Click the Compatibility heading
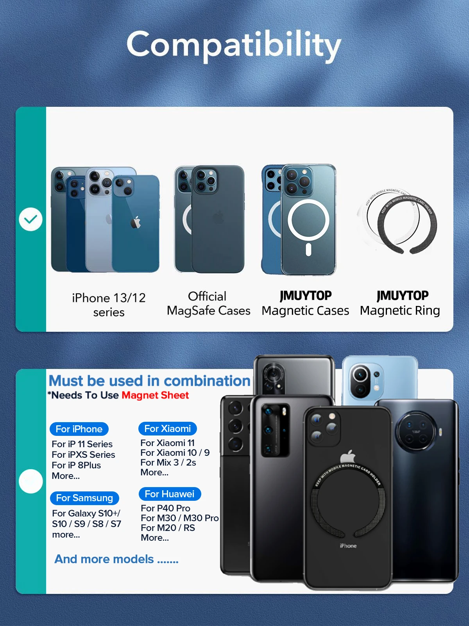234,45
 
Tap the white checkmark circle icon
30,219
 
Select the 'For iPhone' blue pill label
79,429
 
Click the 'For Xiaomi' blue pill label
167,428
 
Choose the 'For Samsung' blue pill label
84,498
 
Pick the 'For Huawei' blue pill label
170,494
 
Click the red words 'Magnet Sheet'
155,395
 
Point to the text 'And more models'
104,559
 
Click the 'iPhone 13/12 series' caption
109,305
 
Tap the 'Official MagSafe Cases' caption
208,303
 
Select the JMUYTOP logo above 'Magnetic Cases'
306,295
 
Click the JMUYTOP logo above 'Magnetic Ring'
403,295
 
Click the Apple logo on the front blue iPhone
136,222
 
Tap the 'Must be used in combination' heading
149,381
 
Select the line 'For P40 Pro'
165,508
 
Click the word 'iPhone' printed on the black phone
348,546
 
